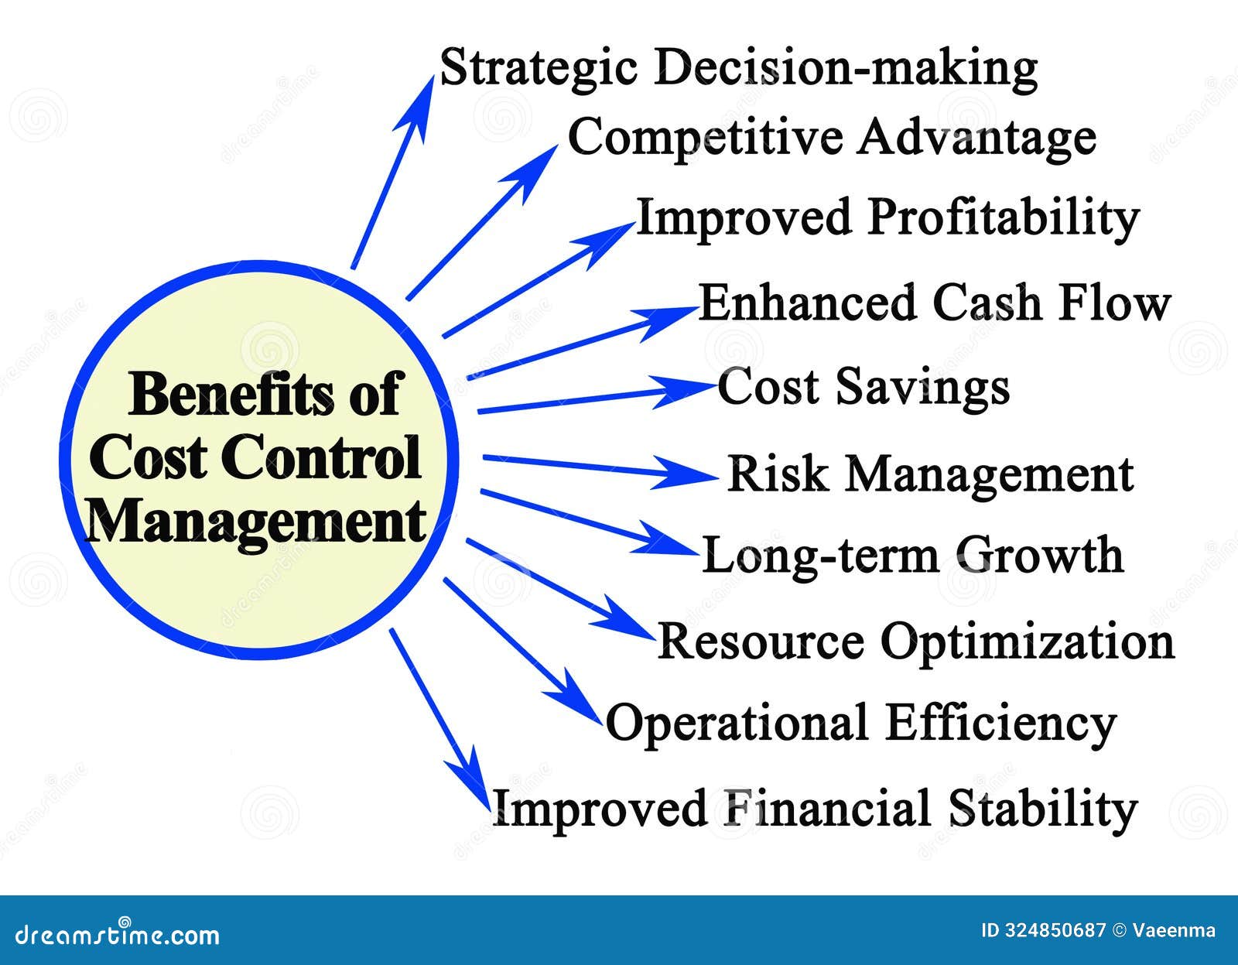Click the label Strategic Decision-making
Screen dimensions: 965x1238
tap(738, 68)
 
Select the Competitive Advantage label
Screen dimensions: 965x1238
tap(832, 138)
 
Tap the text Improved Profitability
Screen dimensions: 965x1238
tap(887, 217)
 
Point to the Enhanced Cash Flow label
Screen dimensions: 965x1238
tap(934, 303)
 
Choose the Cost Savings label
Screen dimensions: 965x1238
tap(864, 386)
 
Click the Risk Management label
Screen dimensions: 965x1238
tap(930, 474)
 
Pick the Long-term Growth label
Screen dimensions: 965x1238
tap(912, 556)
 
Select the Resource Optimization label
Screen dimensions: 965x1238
tap(915, 642)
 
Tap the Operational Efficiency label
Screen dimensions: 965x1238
tap(860, 723)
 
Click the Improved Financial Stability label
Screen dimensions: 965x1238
tap(815, 809)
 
